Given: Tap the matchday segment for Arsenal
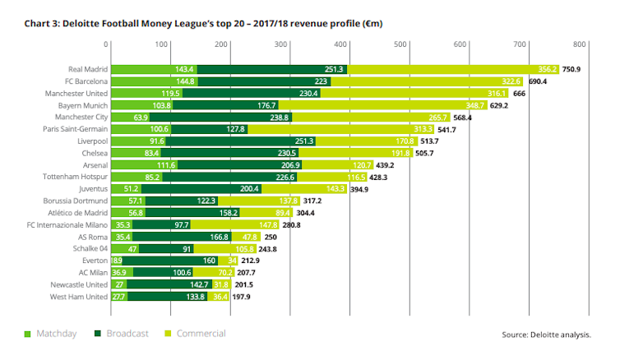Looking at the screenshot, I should click(143, 165).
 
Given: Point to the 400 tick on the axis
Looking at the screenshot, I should click(344, 44).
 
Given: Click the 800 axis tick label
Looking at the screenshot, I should click(580, 44).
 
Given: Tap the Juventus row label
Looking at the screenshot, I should click(91, 188).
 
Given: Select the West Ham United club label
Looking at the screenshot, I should click(79, 296).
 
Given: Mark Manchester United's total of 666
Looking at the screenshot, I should click(520, 93).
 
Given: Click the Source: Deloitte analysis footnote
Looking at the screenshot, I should click(546, 335).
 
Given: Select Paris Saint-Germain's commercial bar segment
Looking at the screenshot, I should click(353, 129).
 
